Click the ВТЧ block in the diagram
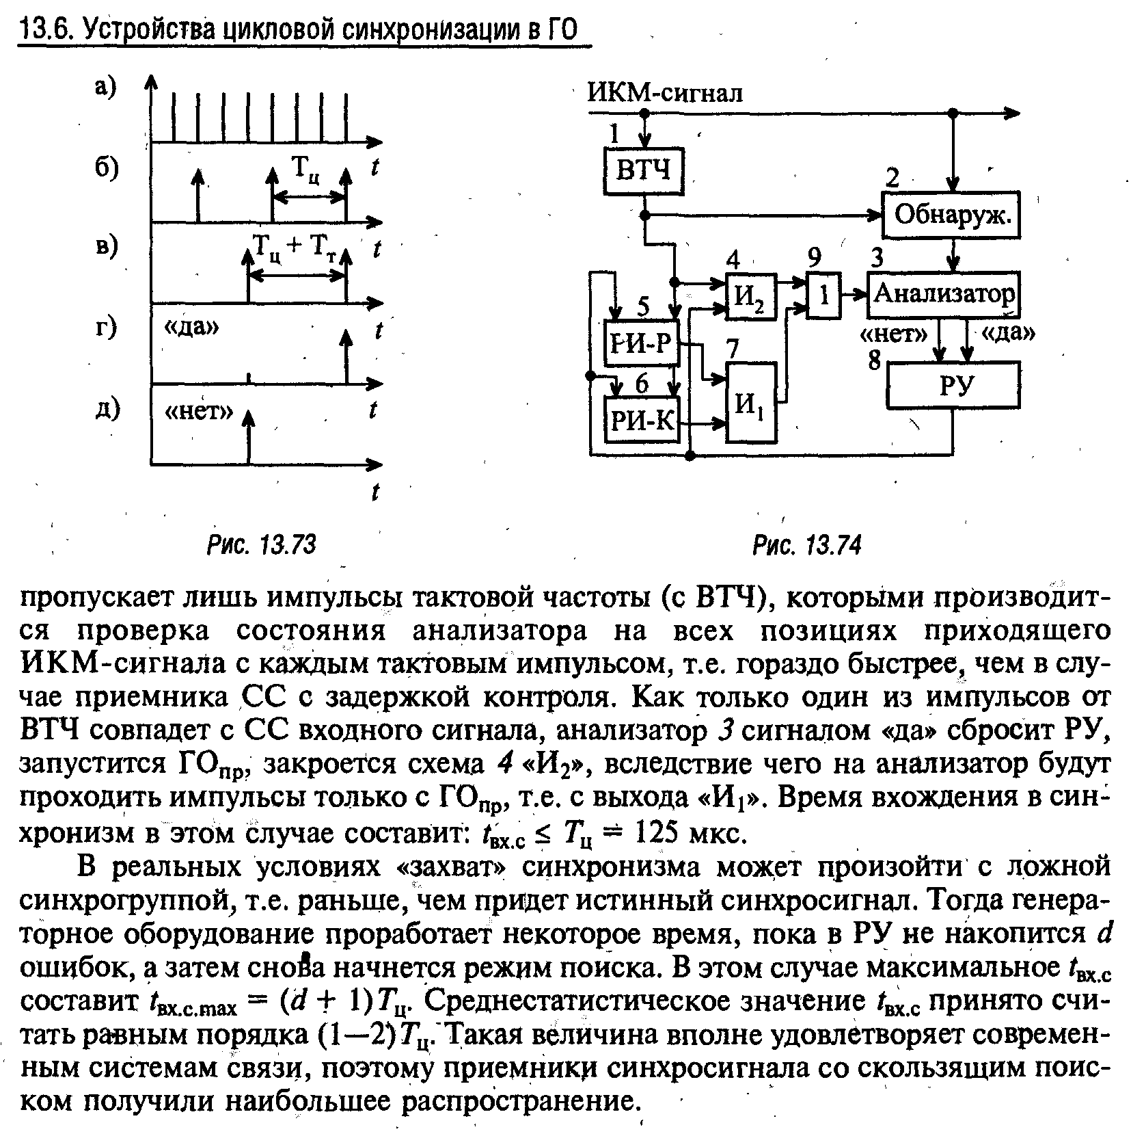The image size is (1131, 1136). pyautogui.click(x=643, y=170)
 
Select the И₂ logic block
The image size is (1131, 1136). pyautogui.click(x=750, y=295)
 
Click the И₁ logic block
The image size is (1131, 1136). pyautogui.click(x=751, y=402)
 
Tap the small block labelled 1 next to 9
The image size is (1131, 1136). pyautogui.click(x=824, y=295)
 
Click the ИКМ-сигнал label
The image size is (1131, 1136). pyautogui.click(x=665, y=92)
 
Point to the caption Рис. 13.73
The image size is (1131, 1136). pyautogui.click(x=262, y=545)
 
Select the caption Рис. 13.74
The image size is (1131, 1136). pyautogui.click(x=806, y=545)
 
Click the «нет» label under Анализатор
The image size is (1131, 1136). pyautogui.click(x=892, y=334)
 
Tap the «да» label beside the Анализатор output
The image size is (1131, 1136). pyautogui.click(x=1009, y=333)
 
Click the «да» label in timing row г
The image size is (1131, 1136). pyautogui.click(x=192, y=328)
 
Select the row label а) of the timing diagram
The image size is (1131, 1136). pyautogui.click(x=107, y=88)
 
